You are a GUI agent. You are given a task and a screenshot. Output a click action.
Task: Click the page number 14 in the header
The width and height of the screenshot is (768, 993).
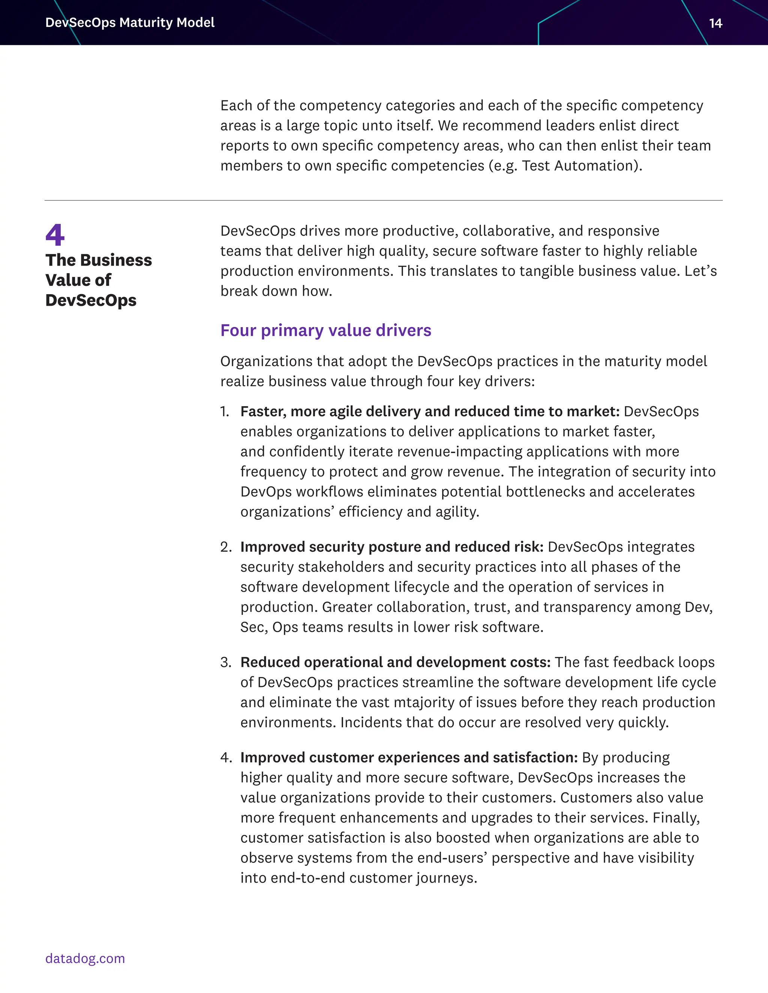pyautogui.click(x=715, y=23)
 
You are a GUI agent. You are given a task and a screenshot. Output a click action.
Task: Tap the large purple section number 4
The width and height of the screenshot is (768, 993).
pyautogui.click(x=55, y=235)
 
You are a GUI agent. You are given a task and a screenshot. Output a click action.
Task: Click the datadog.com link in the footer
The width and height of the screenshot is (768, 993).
pyautogui.click(x=85, y=958)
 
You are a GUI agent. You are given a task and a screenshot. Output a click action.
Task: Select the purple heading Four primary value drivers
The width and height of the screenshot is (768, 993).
pyautogui.click(x=326, y=330)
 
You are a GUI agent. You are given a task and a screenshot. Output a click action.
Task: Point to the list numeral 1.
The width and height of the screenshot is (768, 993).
pyautogui.click(x=224, y=411)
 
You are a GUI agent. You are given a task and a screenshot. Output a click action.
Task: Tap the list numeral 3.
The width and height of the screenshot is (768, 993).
pyautogui.click(x=226, y=662)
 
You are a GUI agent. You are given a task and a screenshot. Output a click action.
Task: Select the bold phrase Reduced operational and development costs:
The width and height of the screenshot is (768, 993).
pyautogui.click(x=395, y=662)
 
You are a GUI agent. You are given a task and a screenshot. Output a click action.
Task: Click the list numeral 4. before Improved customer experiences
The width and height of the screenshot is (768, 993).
pyautogui.click(x=226, y=757)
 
